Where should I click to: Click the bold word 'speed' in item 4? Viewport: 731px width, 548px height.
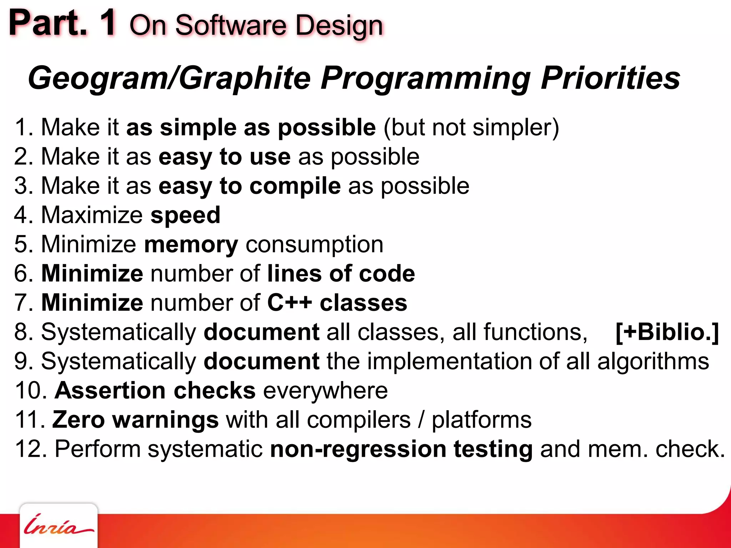point(185,215)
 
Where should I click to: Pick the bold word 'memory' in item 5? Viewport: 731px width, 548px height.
point(191,245)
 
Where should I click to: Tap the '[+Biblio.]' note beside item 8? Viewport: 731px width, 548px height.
point(667,332)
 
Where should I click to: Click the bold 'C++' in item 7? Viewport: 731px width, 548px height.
point(289,303)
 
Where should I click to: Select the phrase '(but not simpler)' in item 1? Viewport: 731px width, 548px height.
point(471,127)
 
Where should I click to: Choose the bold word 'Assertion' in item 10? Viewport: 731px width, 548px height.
point(110,390)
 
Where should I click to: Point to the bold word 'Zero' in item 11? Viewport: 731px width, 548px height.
point(79,420)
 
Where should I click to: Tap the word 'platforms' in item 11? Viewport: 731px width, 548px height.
point(482,420)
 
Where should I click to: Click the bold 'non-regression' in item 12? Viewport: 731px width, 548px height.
point(358,449)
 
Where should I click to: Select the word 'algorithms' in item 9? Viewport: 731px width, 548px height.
point(653,361)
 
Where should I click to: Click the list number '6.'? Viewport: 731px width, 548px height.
point(24,274)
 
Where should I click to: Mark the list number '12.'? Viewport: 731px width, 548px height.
point(30,449)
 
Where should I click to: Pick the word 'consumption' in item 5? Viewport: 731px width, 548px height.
point(314,245)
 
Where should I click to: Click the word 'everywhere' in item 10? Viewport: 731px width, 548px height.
point(325,390)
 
